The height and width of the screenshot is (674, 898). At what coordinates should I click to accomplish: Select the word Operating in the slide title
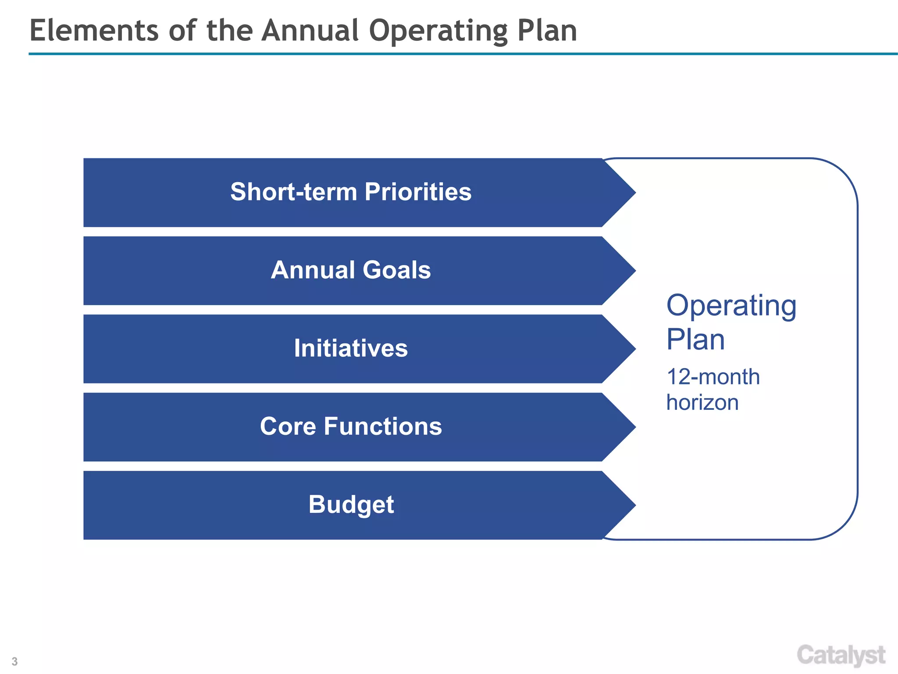[438, 32]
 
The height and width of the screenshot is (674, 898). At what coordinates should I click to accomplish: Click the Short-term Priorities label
[351, 192]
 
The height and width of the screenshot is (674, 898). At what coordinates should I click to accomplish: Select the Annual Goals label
[351, 270]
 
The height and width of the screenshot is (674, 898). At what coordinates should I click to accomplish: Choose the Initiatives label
[351, 348]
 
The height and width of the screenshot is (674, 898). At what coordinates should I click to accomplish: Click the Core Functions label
[351, 427]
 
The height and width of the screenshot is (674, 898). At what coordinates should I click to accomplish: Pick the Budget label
[351, 505]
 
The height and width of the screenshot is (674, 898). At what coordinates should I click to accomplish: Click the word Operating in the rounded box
[731, 306]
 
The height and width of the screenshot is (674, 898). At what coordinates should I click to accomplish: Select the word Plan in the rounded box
[695, 340]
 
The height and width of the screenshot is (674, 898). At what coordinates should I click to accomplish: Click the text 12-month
[713, 377]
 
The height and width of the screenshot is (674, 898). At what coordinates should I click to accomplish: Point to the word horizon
[702, 402]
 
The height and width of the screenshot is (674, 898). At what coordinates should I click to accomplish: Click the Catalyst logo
[841, 656]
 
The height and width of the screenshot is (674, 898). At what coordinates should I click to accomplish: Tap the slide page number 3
[14, 661]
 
